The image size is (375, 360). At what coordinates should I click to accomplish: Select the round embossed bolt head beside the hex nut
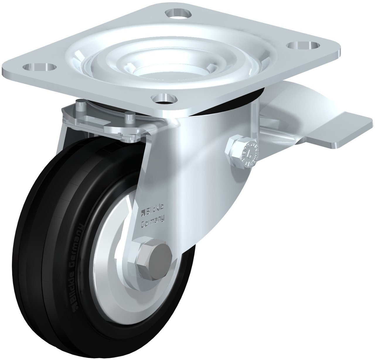(250, 153)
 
